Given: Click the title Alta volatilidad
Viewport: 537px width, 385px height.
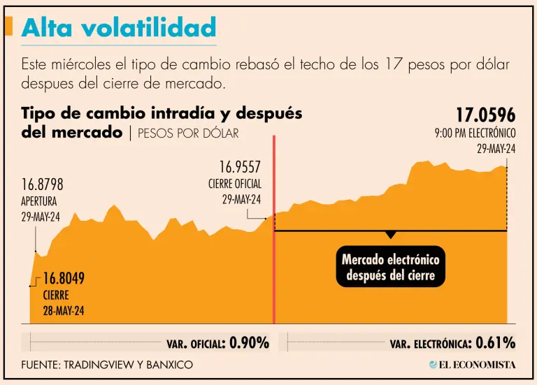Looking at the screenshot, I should point(118,27).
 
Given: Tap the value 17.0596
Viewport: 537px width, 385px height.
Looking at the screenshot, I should point(485,115).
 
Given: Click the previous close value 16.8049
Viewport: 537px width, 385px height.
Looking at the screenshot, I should point(63,279).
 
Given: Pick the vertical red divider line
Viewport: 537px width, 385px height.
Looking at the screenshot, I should point(273,231).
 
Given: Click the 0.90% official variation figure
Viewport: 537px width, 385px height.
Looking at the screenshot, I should point(249,343).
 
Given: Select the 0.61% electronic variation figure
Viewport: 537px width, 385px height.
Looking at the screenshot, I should point(495,343).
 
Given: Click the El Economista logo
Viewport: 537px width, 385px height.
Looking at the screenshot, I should point(472,365).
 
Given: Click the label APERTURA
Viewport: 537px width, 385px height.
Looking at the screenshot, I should point(39,201).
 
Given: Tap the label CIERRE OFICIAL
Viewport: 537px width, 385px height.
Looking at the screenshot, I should point(235,184).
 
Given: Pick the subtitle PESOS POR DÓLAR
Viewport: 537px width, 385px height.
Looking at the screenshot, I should point(188,133).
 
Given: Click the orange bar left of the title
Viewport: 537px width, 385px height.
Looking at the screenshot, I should point(8,27).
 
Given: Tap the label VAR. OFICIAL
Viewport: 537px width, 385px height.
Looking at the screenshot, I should point(195,344).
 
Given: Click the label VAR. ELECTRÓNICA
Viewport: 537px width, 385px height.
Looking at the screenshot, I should point(429,344).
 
